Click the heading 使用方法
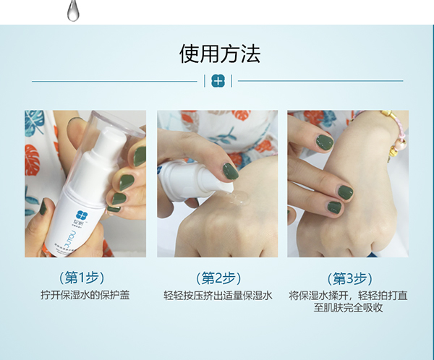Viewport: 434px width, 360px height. click(220, 54)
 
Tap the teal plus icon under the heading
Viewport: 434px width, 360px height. click(218, 81)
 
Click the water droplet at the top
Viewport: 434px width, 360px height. click(72, 9)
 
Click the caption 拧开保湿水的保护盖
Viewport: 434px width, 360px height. click(85, 295)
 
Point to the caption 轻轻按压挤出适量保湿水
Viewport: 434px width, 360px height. click(218, 295)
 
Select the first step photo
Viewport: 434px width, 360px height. click(85, 184)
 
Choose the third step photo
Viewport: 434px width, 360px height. click(347, 184)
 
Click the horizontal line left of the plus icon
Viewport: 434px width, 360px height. click(116, 81)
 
